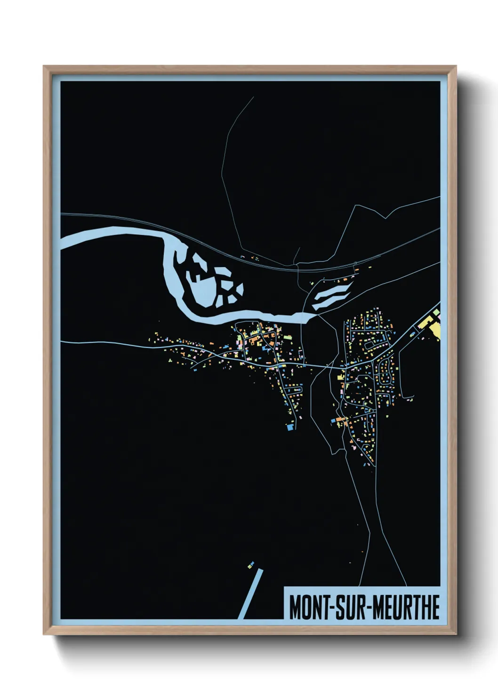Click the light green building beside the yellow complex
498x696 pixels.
tap(436, 312)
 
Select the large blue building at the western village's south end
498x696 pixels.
tap(290, 427)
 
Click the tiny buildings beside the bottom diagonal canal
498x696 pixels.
tap(251, 564)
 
